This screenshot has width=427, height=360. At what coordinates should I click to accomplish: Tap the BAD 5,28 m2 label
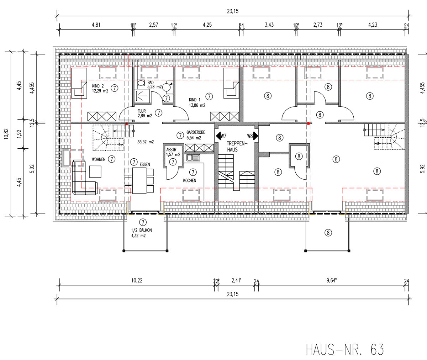pos(154,85)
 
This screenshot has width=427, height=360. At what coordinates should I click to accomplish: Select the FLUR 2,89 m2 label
pos(145,113)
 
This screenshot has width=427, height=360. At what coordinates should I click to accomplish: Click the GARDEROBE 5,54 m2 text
pos(196,135)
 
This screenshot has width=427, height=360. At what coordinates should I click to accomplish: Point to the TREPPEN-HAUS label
pos(232,146)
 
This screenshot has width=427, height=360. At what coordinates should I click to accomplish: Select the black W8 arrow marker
pos(255,136)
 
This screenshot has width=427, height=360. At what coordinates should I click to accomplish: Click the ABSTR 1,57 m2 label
pos(173,152)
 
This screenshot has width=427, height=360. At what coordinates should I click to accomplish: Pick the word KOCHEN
pos(190,180)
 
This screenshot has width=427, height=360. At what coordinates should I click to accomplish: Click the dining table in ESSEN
pos(139,180)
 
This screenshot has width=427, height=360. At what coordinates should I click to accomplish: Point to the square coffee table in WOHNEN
pos(95,172)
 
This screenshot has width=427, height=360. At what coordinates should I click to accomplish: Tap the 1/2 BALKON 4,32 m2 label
pos(141,233)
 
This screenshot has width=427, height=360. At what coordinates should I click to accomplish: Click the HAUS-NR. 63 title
pos(345,349)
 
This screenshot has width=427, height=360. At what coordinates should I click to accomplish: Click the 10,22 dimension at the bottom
pos(137,281)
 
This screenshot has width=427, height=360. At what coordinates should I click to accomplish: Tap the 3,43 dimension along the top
pos(269,25)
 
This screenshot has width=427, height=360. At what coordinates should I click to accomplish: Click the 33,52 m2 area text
pos(146,142)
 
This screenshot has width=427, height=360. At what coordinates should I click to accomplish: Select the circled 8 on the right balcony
pos(328,233)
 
